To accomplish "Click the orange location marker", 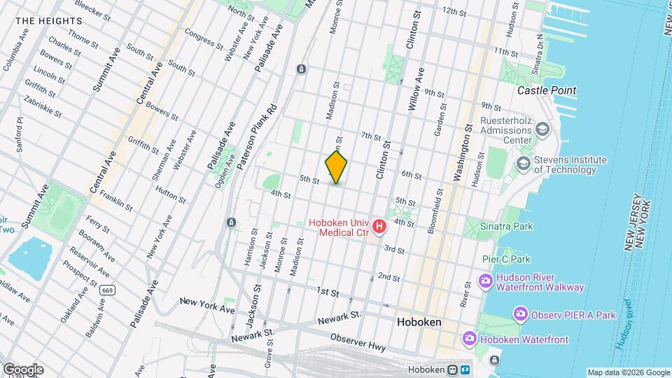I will [336, 168].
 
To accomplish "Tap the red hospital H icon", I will [379, 226].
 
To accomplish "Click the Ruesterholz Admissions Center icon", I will [542, 129].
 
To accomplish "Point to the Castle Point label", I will [546, 90].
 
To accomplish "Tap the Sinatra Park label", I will [506, 226].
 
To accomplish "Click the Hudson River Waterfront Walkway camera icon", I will [485, 281].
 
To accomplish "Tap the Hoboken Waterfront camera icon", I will [469, 339].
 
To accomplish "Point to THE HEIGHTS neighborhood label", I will [48, 21].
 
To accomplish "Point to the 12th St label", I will [454, 12].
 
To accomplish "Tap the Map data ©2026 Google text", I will [628, 372].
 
